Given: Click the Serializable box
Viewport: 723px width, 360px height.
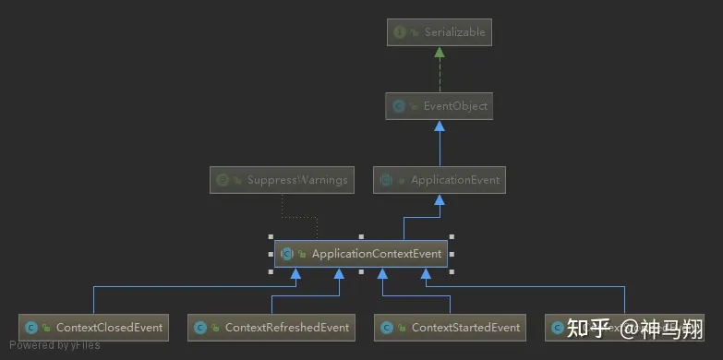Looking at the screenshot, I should (x=440, y=32).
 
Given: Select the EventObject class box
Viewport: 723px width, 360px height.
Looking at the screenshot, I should (x=440, y=106).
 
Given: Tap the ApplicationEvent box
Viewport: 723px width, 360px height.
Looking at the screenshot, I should (x=440, y=180).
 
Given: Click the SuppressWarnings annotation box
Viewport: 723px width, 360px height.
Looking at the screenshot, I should (x=283, y=180).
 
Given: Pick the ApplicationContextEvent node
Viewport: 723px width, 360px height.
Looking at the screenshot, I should (x=361, y=253).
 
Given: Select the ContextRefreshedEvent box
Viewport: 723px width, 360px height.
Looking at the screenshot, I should (x=272, y=327).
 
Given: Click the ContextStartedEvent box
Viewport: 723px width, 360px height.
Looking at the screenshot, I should (x=451, y=327).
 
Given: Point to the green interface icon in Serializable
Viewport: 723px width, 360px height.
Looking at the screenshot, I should (x=400, y=32).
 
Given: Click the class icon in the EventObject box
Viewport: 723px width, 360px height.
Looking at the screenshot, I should (x=399, y=106).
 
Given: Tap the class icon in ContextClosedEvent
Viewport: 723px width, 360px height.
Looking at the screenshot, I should (x=31, y=327).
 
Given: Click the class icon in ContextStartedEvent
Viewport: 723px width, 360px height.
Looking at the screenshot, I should (x=387, y=327).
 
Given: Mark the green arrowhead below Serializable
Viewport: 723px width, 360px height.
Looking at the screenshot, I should (x=440, y=52).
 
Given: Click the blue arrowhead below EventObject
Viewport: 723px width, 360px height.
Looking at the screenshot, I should (x=440, y=126).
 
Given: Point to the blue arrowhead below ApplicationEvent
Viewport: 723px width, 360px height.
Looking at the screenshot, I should (x=440, y=199).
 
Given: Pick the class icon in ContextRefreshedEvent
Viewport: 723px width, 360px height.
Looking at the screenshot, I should (x=200, y=327).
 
